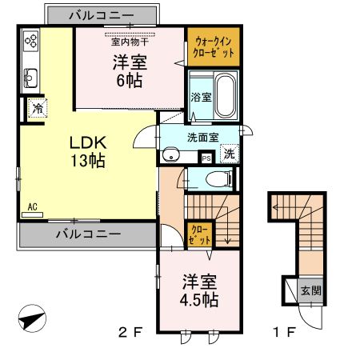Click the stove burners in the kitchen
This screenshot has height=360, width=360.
(31, 41)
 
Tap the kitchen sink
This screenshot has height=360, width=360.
(30, 78)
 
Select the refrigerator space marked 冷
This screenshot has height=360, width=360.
(38, 108)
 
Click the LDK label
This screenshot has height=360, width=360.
(88, 142)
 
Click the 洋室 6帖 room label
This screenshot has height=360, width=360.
(130, 71)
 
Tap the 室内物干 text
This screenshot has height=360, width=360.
(130, 42)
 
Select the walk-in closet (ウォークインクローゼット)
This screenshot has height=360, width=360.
(214, 46)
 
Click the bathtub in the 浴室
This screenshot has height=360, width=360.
(226, 95)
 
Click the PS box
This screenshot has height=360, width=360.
(206, 158)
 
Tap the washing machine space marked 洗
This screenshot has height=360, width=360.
(230, 154)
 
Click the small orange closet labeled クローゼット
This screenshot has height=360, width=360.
(200, 235)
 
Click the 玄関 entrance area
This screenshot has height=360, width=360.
(310, 290)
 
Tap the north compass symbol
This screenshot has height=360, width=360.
(32, 318)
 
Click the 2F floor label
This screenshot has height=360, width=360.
(130, 332)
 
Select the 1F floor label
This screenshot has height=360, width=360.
(284, 332)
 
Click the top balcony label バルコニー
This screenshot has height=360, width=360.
(102, 15)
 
